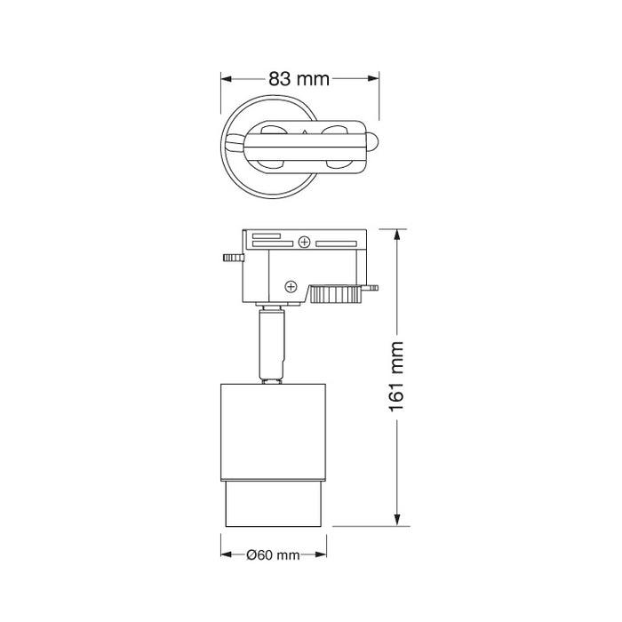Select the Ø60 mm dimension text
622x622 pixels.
(274, 555)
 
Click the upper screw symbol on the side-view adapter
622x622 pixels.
(305, 242)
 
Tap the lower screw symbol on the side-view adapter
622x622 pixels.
(290, 285)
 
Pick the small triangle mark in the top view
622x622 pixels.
(306, 132)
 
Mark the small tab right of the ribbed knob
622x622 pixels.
(372, 288)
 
